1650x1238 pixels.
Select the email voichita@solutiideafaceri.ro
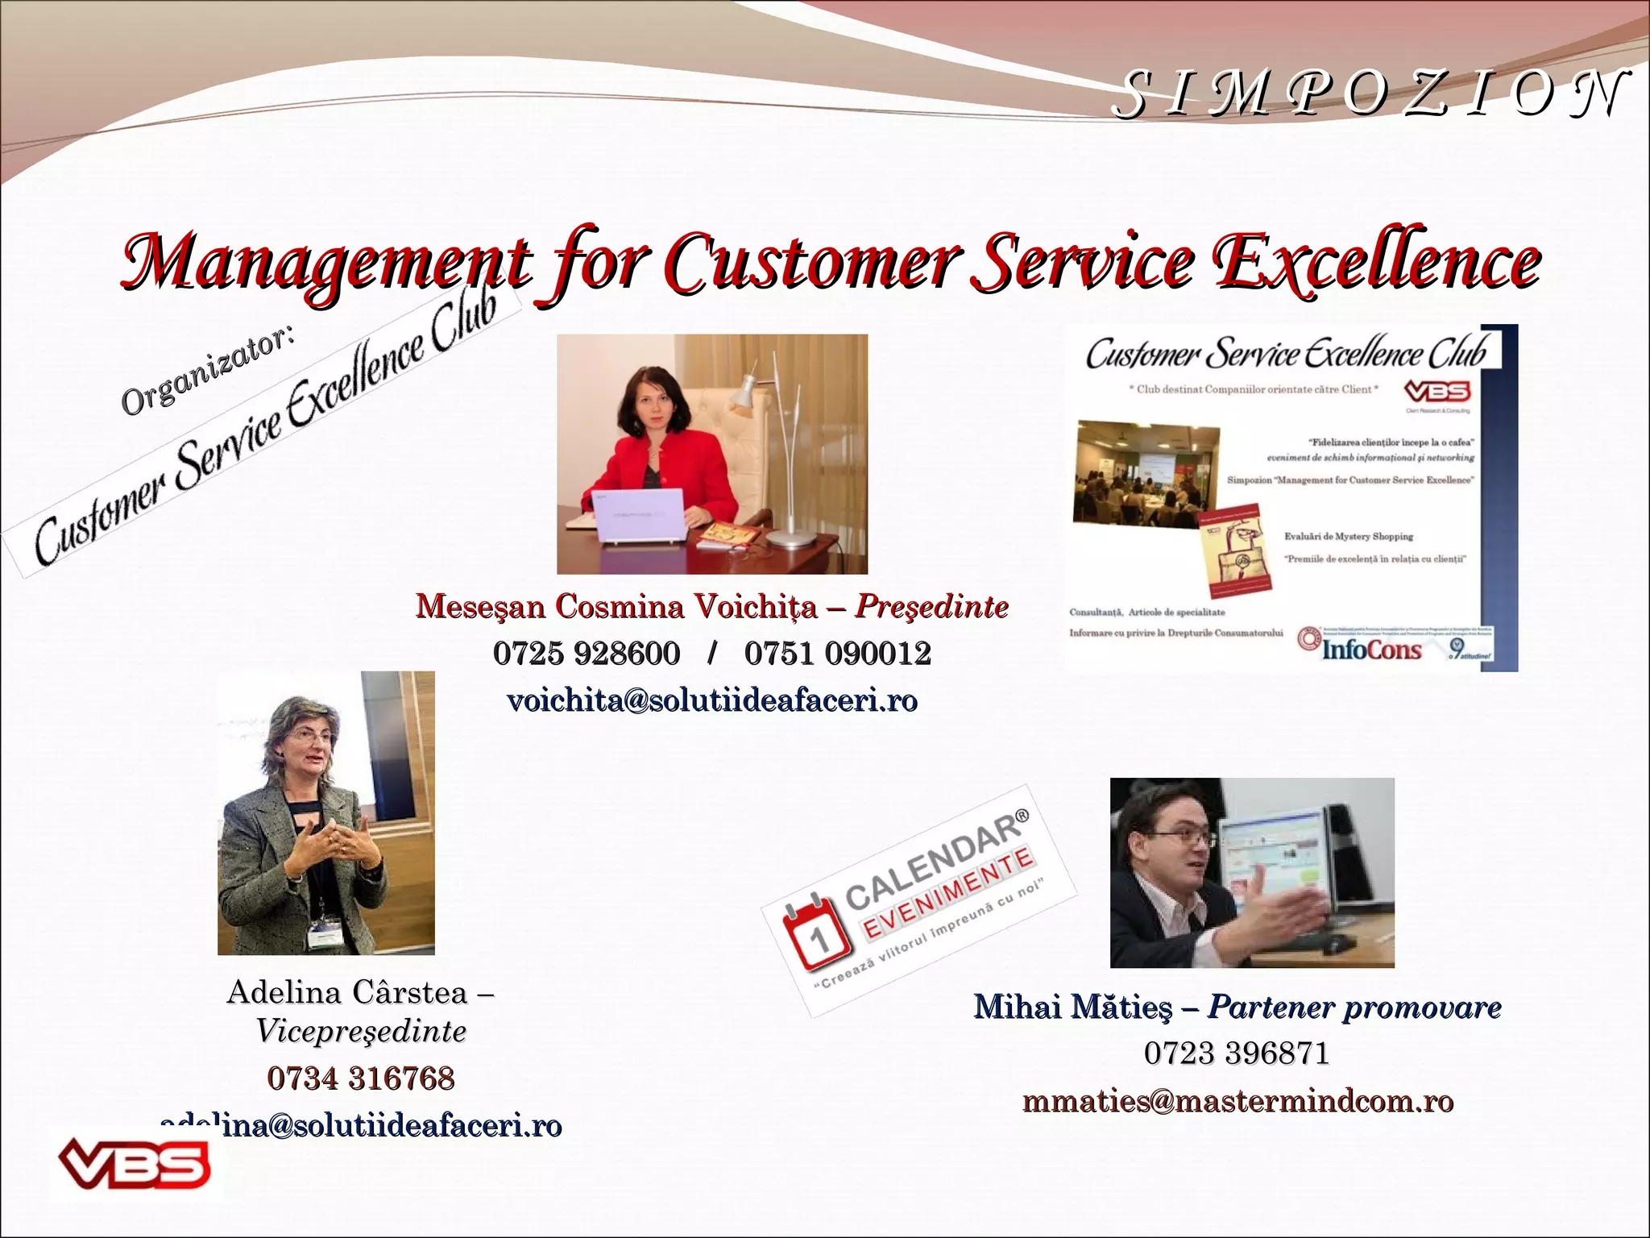(x=712, y=700)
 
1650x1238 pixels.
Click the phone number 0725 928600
(x=587, y=653)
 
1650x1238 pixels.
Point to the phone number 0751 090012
(x=838, y=653)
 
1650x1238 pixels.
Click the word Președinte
(x=931, y=606)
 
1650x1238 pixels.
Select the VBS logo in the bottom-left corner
(x=134, y=1162)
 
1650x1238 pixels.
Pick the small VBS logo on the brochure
(x=1437, y=393)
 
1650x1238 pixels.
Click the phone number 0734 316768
(x=361, y=1078)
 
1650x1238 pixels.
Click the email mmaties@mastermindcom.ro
(x=1237, y=1101)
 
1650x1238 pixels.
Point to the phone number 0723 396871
(x=1236, y=1053)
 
